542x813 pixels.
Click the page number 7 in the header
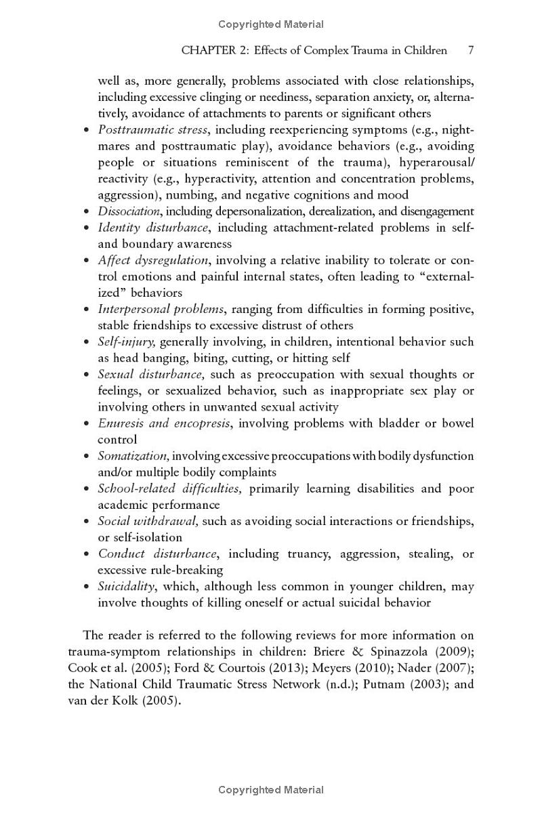click(470, 50)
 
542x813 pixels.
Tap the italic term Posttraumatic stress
click(152, 129)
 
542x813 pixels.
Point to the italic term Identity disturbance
click(153, 228)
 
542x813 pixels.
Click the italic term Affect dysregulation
click(153, 260)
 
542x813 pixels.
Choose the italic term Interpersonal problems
click(161, 309)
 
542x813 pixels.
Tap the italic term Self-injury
click(127, 342)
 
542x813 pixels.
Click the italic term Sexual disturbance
click(150, 375)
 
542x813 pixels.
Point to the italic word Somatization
click(133, 456)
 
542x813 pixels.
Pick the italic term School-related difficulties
click(169, 488)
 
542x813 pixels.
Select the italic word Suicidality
click(126, 587)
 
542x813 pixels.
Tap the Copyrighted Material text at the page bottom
click(271, 790)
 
